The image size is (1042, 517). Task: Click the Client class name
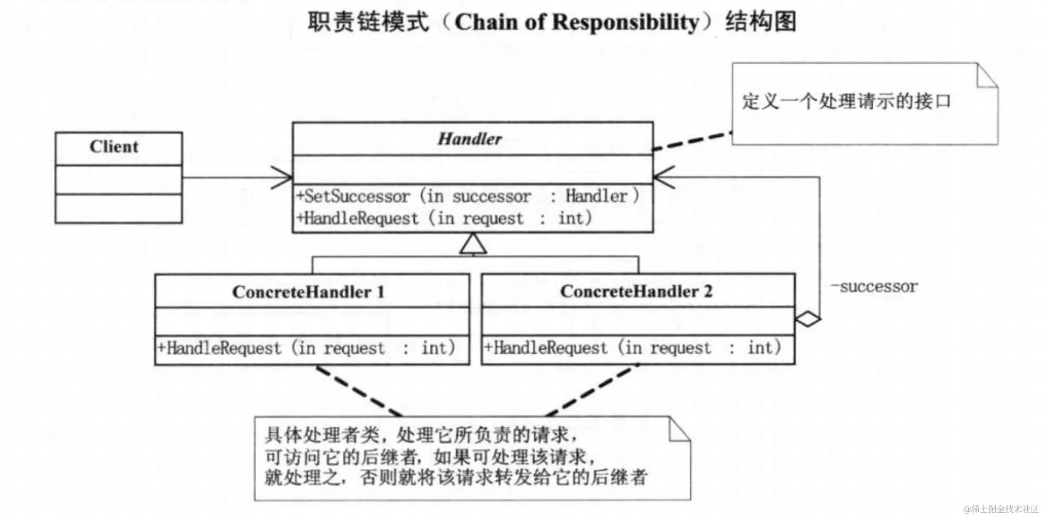114,147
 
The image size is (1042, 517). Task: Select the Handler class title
469,139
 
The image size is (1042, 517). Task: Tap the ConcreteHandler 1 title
308,292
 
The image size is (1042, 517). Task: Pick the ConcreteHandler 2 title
636,291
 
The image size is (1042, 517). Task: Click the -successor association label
874,287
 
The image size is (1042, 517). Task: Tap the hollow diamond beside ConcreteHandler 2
808,319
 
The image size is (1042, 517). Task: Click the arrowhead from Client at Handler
284,178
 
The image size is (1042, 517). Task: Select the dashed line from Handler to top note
692,141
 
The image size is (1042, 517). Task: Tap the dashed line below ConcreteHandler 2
591,391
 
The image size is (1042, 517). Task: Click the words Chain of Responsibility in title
576,22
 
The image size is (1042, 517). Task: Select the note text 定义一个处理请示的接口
846,101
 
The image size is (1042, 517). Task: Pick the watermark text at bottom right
1001,509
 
